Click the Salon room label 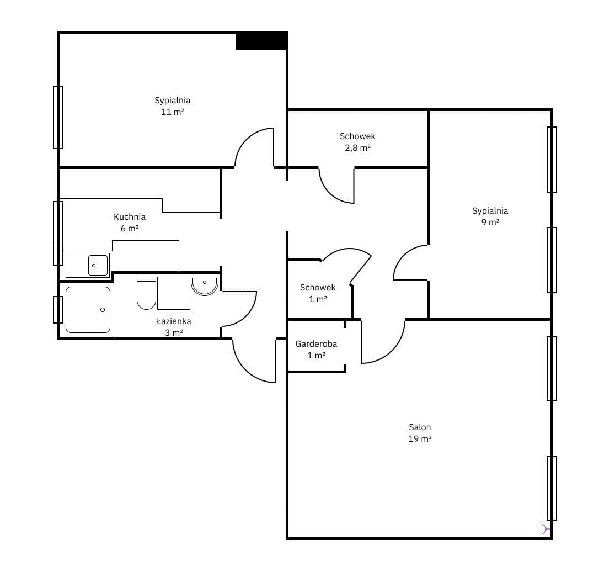tap(420, 427)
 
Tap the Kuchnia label tap(130, 216)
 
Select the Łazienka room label tap(174, 321)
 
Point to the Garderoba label tap(316, 343)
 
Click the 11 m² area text tap(173, 112)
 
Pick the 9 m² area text tap(490, 222)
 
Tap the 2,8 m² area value tap(357, 147)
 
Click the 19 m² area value tap(420, 438)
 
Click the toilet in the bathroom tap(146, 292)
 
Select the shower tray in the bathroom tap(88, 310)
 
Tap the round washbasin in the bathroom tap(205, 285)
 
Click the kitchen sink tap(98, 265)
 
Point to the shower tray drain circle tap(103, 310)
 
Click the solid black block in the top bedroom tap(262, 40)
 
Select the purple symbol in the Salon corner tap(545, 529)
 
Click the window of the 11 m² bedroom tap(58, 117)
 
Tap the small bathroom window tap(58, 310)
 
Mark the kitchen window tap(58, 233)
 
